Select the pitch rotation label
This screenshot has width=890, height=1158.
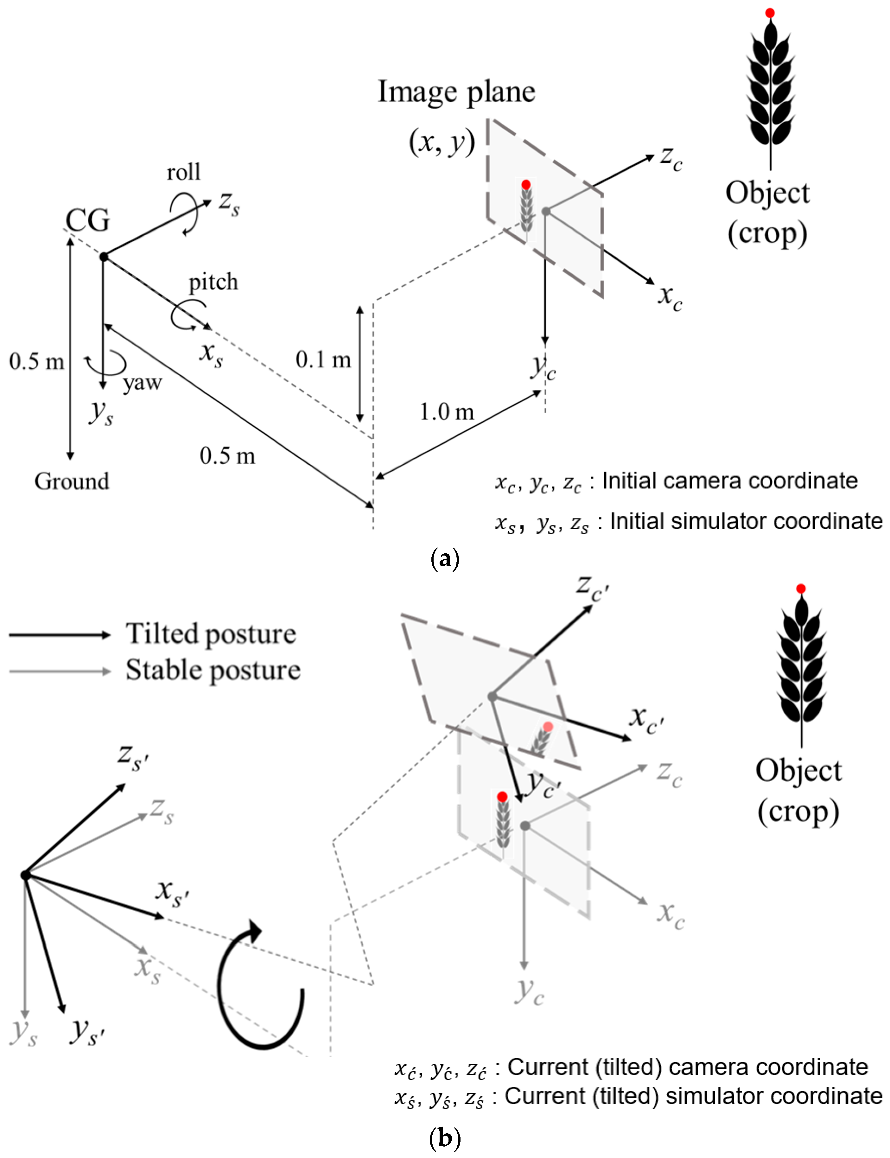point(213,282)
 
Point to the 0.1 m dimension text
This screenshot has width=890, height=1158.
point(323,360)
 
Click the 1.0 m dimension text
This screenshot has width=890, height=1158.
point(447,412)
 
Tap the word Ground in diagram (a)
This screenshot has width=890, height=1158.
point(72,481)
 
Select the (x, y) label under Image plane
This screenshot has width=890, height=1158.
point(442,142)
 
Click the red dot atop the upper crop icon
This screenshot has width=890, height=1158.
point(770,13)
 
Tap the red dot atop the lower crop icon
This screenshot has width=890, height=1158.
point(801,589)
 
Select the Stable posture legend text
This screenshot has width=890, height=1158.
point(213,670)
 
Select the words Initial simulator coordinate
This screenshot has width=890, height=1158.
point(746,522)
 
